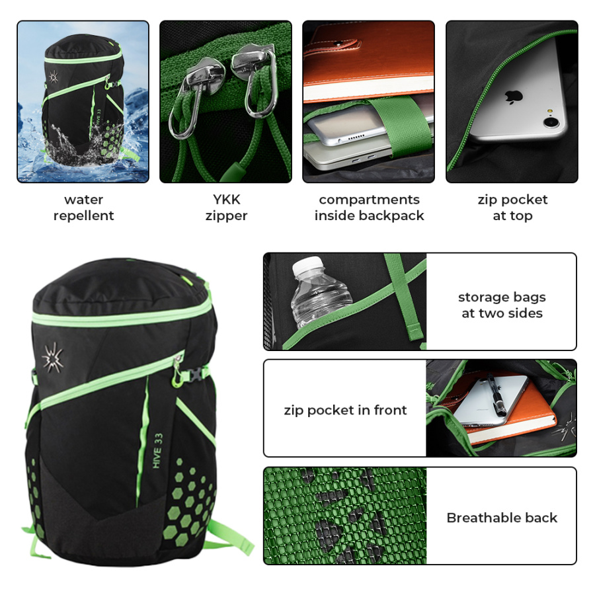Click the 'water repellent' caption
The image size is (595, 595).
83,208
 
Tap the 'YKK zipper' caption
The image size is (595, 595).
226,208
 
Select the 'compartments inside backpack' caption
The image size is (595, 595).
369,208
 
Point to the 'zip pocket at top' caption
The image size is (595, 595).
512,208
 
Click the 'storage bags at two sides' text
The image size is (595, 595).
502,305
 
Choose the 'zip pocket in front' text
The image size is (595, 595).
345,410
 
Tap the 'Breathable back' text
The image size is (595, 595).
502,518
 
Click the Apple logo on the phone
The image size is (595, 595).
514,97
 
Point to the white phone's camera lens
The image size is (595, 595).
551,122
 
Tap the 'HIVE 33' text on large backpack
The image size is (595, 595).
157,451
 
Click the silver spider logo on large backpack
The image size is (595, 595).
52,358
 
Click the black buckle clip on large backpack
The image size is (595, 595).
196,375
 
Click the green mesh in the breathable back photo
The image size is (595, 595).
344,516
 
